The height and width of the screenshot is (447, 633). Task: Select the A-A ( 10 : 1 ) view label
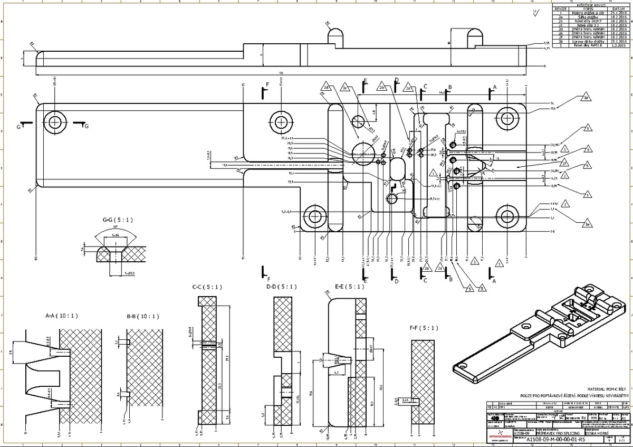point(62,316)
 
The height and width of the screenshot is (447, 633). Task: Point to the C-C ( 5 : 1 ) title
point(207,287)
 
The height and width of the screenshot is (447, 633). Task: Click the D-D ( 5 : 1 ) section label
point(282,287)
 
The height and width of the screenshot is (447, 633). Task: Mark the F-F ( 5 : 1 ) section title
point(424,328)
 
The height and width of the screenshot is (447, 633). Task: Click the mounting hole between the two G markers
point(54,122)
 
